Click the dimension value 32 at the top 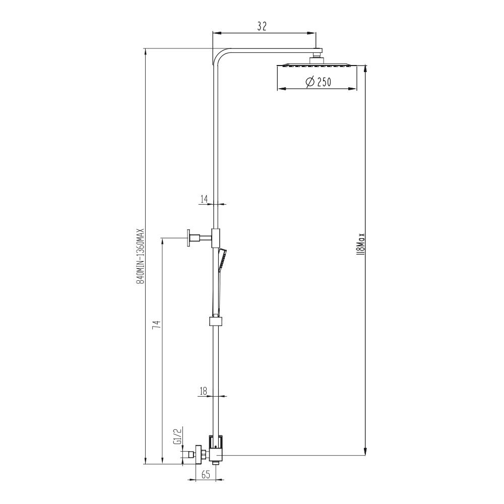(261, 27)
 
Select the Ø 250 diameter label (318, 82)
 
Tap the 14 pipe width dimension (205, 199)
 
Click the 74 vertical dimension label (156, 325)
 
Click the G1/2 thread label (177, 436)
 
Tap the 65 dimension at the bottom (206, 474)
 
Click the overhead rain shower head (316, 65)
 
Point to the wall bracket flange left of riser (190, 237)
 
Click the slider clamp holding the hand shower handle (216, 321)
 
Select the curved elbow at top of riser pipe (219, 55)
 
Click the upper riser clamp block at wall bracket (216, 237)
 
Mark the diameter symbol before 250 (310, 82)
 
